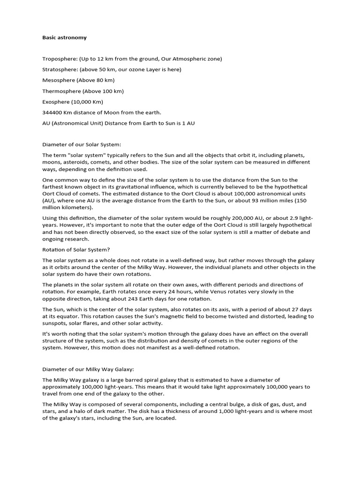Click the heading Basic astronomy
pos(64,37)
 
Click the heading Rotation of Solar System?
pos(76,249)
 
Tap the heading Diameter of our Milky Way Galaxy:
pos(88,369)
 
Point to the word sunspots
pos(54,323)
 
